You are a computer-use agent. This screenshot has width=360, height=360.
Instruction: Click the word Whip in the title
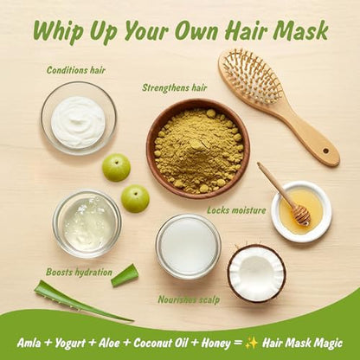click(59, 31)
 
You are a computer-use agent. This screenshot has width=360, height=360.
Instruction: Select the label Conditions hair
click(76, 70)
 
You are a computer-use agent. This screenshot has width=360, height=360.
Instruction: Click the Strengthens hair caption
click(175, 87)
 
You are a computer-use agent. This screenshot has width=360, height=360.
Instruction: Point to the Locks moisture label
click(236, 210)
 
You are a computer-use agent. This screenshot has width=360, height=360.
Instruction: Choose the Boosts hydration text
click(79, 272)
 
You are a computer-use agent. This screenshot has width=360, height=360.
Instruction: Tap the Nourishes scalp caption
click(189, 299)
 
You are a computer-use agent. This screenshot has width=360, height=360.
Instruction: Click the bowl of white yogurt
click(79, 119)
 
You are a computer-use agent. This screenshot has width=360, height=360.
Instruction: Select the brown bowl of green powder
click(198, 149)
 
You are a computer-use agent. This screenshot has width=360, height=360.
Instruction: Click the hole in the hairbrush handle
click(325, 151)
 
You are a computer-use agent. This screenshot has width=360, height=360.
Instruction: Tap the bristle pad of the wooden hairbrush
click(251, 77)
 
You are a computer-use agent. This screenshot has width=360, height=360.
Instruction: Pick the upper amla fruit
click(116, 167)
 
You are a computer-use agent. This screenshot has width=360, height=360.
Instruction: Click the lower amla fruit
click(135, 199)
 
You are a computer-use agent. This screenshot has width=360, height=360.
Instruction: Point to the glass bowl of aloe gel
click(87, 224)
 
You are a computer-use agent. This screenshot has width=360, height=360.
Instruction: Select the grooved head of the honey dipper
click(301, 215)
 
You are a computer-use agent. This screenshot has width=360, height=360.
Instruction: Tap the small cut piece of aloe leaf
click(125, 275)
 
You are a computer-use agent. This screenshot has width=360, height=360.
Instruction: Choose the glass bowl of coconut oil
click(189, 247)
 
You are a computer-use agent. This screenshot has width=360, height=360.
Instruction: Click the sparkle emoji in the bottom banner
click(251, 343)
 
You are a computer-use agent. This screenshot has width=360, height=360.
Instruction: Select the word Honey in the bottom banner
click(215, 343)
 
